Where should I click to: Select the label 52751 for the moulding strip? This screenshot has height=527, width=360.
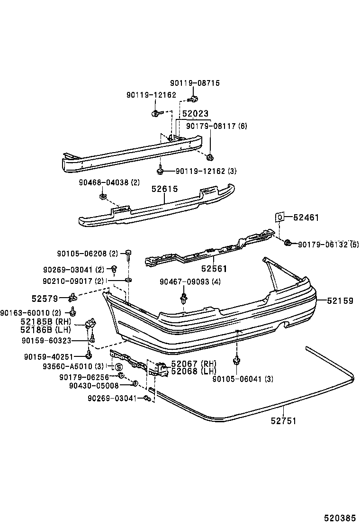coord(284,420)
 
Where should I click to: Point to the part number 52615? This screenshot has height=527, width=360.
coord(164,189)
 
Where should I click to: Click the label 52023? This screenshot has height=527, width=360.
coord(195,114)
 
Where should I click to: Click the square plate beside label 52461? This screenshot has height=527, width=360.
coord(280,217)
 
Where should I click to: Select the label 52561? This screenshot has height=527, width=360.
coord(214,269)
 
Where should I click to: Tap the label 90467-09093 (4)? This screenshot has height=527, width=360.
coord(183,282)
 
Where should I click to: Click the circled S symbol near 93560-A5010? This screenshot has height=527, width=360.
coord(118,366)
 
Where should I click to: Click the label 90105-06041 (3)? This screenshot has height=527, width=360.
coord(243,379)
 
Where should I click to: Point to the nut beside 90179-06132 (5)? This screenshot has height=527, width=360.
coord(288,244)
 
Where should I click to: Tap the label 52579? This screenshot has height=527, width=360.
coord(45,298)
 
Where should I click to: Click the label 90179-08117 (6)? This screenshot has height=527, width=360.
coord(216,126)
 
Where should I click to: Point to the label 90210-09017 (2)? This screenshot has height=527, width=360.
coord(73,281)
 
